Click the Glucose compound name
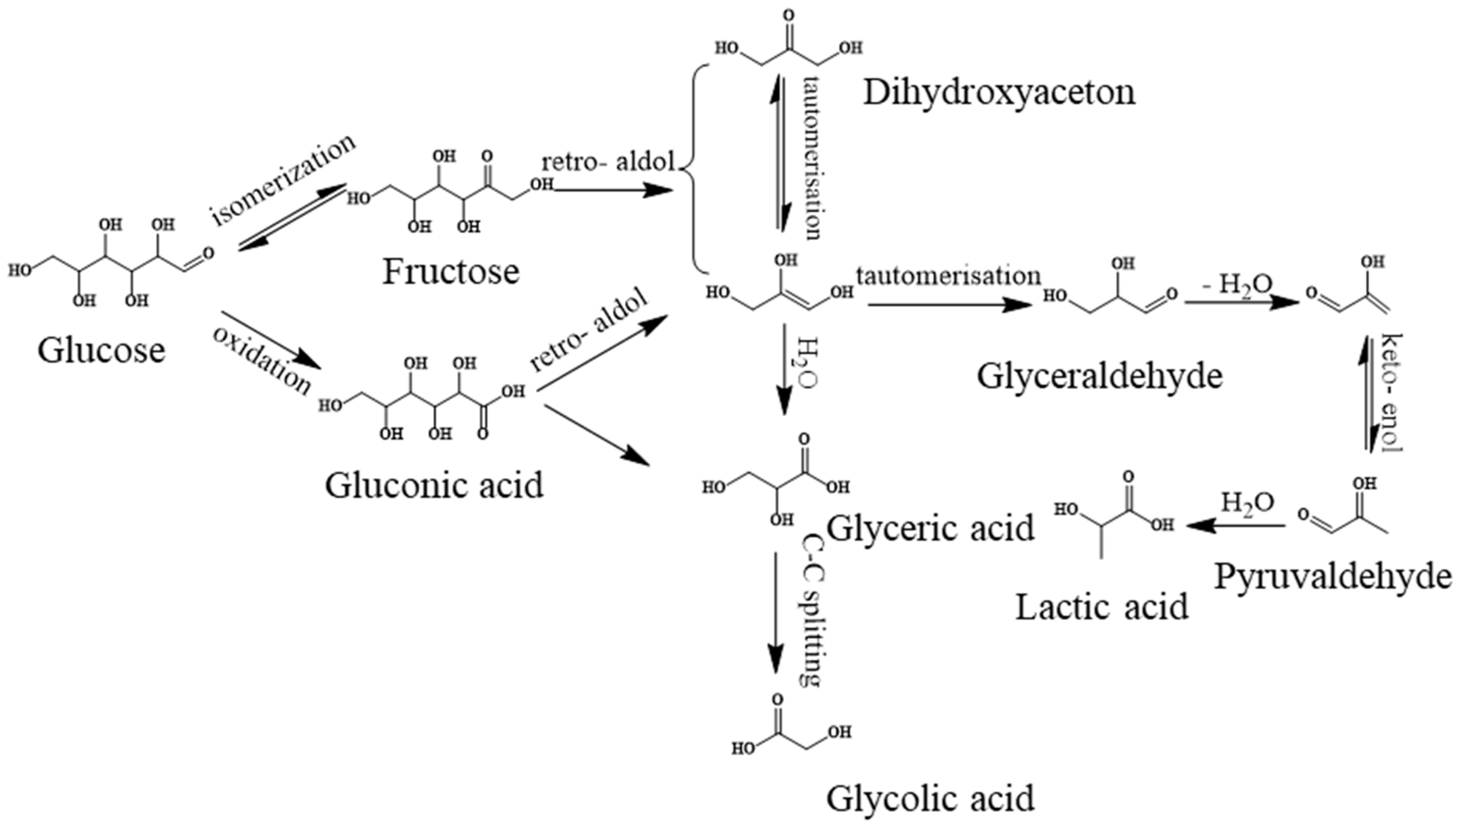pos(101,350)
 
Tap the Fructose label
pos(450,272)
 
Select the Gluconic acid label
pos(434,486)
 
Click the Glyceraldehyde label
pos(1100,377)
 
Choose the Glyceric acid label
pos(930,528)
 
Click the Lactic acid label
pos(1102,607)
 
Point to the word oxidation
pos(262,361)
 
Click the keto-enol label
pos(1392,394)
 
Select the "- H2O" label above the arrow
pos(1235,284)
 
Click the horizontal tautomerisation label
pos(948,276)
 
